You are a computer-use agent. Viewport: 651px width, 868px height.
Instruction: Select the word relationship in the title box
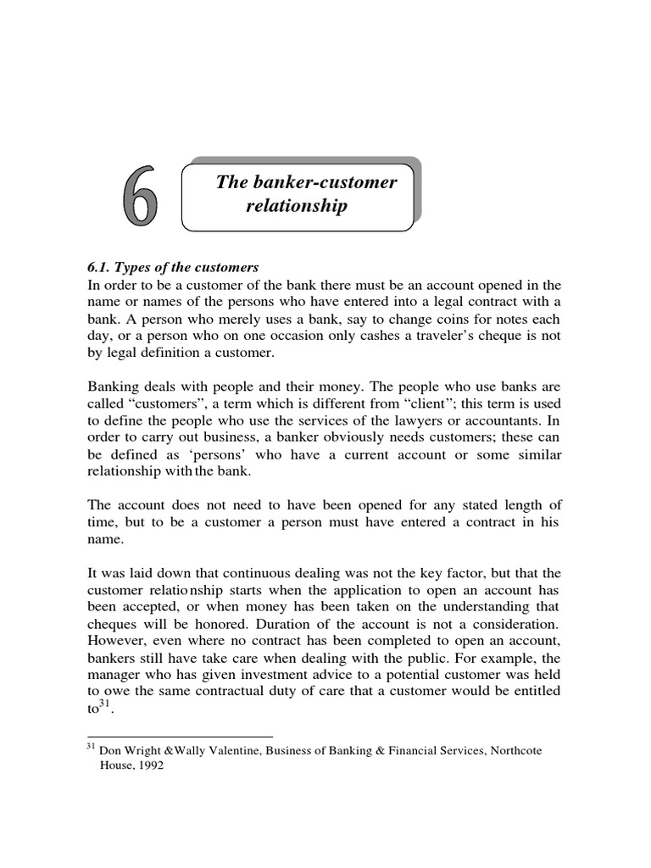(x=296, y=206)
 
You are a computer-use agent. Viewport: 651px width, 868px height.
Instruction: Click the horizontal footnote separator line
(x=180, y=736)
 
